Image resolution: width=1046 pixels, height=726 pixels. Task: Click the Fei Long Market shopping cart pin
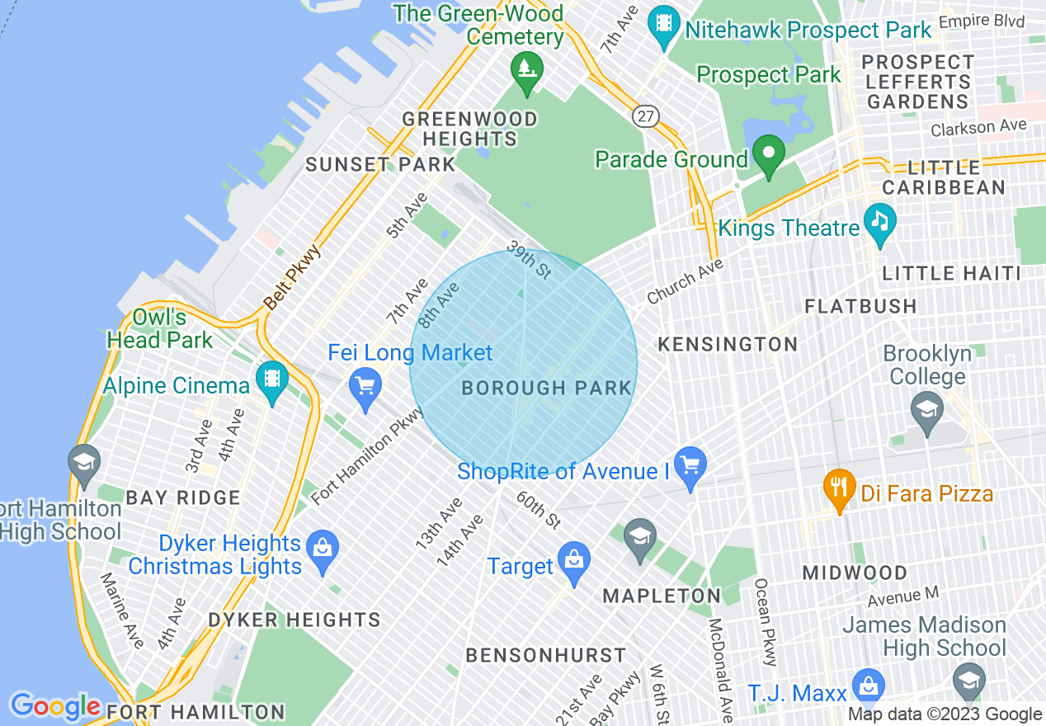[364, 384]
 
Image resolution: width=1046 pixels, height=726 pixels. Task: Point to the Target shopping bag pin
[573, 561]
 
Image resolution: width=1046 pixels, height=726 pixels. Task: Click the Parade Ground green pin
[769, 154]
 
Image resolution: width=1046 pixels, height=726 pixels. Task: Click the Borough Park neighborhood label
[546, 388]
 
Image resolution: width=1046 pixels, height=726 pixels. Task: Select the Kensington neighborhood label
[728, 344]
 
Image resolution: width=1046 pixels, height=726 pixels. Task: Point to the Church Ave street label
[685, 281]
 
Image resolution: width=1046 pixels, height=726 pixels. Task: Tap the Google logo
[54, 706]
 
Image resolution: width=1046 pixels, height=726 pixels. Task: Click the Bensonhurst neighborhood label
[546, 656]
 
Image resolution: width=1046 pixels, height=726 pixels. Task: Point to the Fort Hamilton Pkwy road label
[368, 454]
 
